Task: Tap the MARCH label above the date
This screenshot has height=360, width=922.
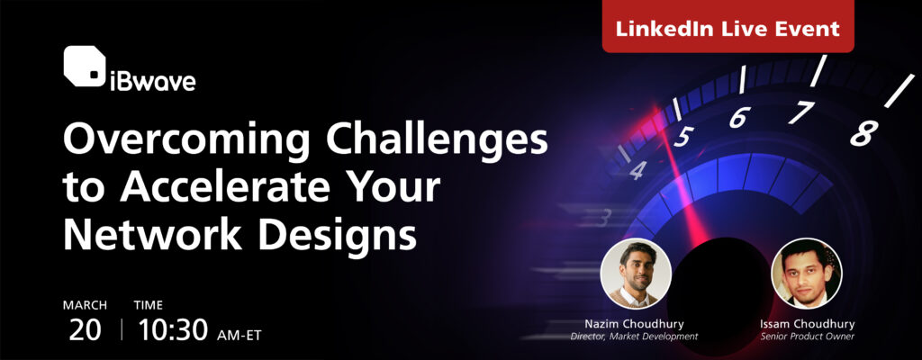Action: (x=85, y=305)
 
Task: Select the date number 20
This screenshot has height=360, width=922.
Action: (x=85, y=329)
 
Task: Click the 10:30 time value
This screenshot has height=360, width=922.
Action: (x=174, y=329)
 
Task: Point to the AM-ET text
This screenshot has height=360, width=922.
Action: (x=239, y=334)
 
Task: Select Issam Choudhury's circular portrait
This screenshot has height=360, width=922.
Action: (x=806, y=273)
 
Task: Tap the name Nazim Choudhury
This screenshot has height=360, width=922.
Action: (x=635, y=322)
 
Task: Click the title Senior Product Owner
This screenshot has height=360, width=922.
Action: (x=806, y=337)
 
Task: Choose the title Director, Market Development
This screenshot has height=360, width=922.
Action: (x=635, y=337)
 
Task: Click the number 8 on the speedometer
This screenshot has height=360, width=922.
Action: (x=862, y=134)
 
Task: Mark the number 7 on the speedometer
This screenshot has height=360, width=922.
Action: (x=800, y=112)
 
